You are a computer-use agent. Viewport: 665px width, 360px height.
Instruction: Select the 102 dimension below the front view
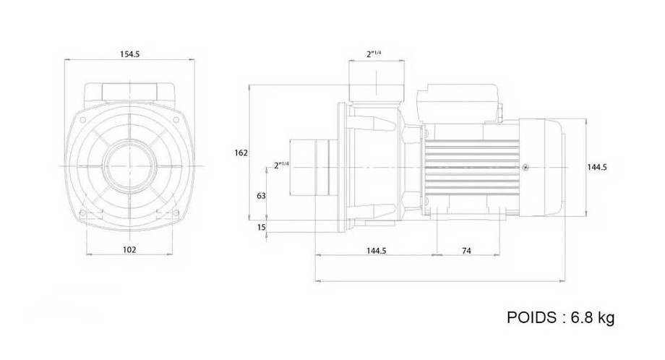pyautogui.click(x=131, y=249)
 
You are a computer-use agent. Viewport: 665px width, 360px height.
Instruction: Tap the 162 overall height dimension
pyautogui.click(x=241, y=153)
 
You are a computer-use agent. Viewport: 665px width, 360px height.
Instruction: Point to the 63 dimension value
pyautogui.click(x=262, y=195)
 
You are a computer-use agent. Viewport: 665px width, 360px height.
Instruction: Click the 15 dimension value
pyautogui.click(x=262, y=228)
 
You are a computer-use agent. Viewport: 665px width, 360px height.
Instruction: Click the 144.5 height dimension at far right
pyautogui.click(x=596, y=167)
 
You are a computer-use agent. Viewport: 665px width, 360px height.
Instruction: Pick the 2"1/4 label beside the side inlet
pyautogui.click(x=281, y=165)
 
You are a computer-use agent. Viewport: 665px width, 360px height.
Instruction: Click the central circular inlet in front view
pyautogui.click(x=131, y=166)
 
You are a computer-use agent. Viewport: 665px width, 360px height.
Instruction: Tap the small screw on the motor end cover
pyautogui.click(x=525, y=167)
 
